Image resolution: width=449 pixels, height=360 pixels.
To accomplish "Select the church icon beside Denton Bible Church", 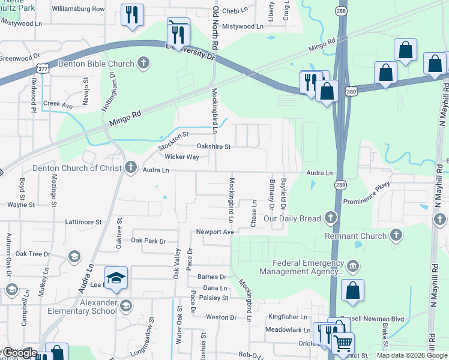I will click(x=143, y=62).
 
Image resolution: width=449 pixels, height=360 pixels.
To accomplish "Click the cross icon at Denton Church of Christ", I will click(x=131, y=168).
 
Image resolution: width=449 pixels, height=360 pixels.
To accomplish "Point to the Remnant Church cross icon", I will click(x=396, y=235).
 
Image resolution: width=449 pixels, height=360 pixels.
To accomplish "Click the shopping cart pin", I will click(x=343, y=343).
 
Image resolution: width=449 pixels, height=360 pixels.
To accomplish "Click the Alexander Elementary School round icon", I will click(x=125, y=307).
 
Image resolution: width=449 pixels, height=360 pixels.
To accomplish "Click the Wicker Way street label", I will click(x=181, y=157).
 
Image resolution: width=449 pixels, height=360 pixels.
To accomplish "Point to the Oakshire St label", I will click(x=214, y=146).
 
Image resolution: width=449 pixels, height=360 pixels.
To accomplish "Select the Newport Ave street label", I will click(x=214, y=232).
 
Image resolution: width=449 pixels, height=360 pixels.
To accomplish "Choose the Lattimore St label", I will click(x=83, y=222).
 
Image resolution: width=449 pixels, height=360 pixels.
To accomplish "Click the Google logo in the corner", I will click(x=20, y=353).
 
